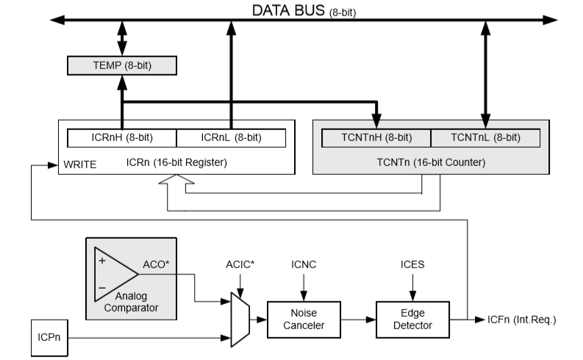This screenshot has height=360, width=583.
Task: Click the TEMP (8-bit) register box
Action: pyautogui.click(x=121, y=65)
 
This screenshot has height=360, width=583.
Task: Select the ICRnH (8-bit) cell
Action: pyautogui.click(x=121, y=137)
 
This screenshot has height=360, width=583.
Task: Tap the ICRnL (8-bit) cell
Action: pyautogui.click(x=231, y=137)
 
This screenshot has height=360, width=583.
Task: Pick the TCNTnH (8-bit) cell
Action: pyautogui.click(x=376, y=137)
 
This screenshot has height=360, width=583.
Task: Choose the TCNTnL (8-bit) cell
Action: pyautogui.click(x=485, y=137)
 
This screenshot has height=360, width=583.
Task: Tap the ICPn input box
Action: pyautogui.click(x=49, y=338)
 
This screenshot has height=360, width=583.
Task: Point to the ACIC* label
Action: pyautogui.click(x=240, y=264)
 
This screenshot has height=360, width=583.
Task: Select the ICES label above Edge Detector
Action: pyautogui.click(x=412, y=264)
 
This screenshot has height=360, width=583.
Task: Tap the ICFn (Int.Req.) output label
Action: pyautogui.click(x=521, y=320)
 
